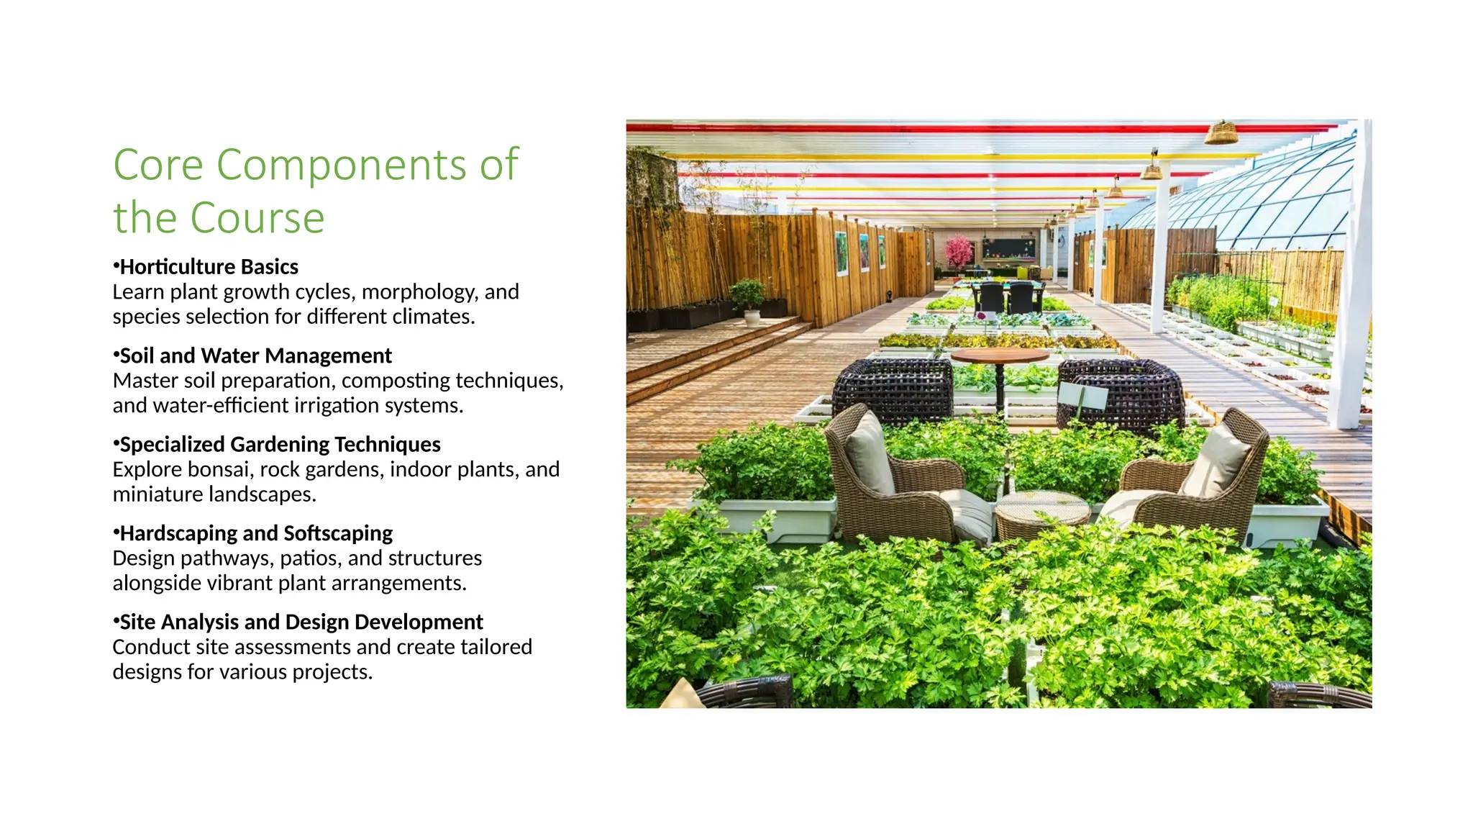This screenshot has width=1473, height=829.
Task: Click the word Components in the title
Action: click(x=341, y=166)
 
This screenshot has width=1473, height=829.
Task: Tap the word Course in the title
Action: click(x=257, y=218)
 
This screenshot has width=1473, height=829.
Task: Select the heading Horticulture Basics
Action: click(x=209, y=267)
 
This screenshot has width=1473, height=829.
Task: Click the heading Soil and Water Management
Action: click(x=255, y=355)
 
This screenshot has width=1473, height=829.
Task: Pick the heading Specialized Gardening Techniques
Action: click(x=280, y=445)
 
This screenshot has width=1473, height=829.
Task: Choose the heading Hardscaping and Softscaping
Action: click(x=256, y=533)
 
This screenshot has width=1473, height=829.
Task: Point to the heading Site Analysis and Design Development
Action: click(x=301, y=622)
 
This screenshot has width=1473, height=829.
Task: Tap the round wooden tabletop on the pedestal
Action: click(x=999, y=355)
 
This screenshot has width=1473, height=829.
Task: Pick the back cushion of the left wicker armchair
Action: click(x=869, y=454)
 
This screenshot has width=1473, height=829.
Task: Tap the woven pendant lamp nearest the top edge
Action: click(x=1221, y=133)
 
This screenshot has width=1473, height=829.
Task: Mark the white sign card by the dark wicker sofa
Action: click(x=1082, y=395)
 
